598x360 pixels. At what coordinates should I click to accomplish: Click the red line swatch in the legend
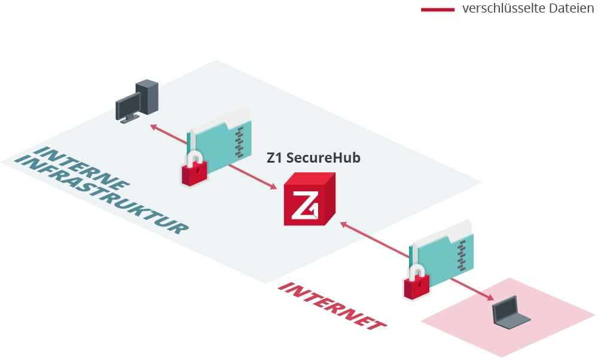coord(438,10)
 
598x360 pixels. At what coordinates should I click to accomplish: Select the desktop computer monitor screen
coord(127,108)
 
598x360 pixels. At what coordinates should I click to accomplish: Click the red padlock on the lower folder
coord(417,283)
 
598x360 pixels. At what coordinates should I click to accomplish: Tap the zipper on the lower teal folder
coord(461,252)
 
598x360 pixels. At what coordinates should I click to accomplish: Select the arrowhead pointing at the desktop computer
coord(154,126)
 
